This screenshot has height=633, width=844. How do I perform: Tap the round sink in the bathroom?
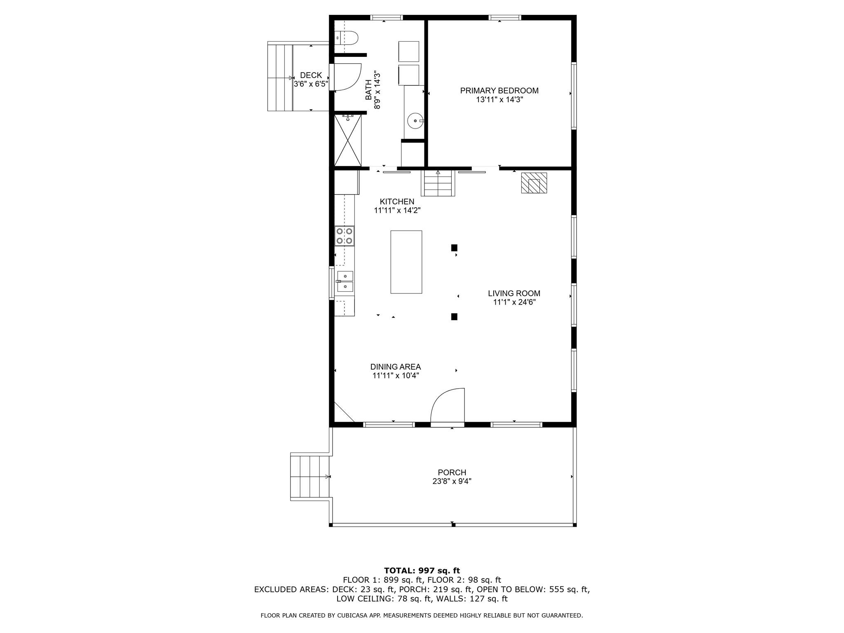pyautogui.click(x=415, y=121)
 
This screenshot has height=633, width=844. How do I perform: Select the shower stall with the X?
pyautogui.click(x=348, y=141)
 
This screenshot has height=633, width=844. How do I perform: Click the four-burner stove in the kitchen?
pyautogui.click(x=344, y=236)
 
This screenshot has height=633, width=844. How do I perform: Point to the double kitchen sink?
pyautogui.click(x=345, y=281)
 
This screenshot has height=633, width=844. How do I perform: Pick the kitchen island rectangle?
pyautogui.click(x=406, y=262)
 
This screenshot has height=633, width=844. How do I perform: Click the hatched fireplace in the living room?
pyautogui.click(x=534, y=183)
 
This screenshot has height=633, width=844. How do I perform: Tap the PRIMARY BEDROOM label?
pyautogui.click(x=499, y=91)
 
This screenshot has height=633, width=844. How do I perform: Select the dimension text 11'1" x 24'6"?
pyautogui.click(x=514, y=302)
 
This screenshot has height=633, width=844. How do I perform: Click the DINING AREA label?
pyautogui.click(x=396, y=367)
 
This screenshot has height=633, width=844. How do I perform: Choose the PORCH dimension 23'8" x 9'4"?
pyautogui.click(x=452, y=481)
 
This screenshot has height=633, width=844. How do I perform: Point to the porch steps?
pyautogui.click(x=310, y=476)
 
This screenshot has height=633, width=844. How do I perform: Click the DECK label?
pyautogui.click(x=311, y=75)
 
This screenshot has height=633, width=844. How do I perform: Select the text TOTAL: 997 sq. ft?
pyautogui.click(x=422, y=571)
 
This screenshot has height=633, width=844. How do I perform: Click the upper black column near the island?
pyautogui.click(x=454, y=248)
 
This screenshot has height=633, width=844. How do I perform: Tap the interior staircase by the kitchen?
pyautogui.click(x=438, y=183)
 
